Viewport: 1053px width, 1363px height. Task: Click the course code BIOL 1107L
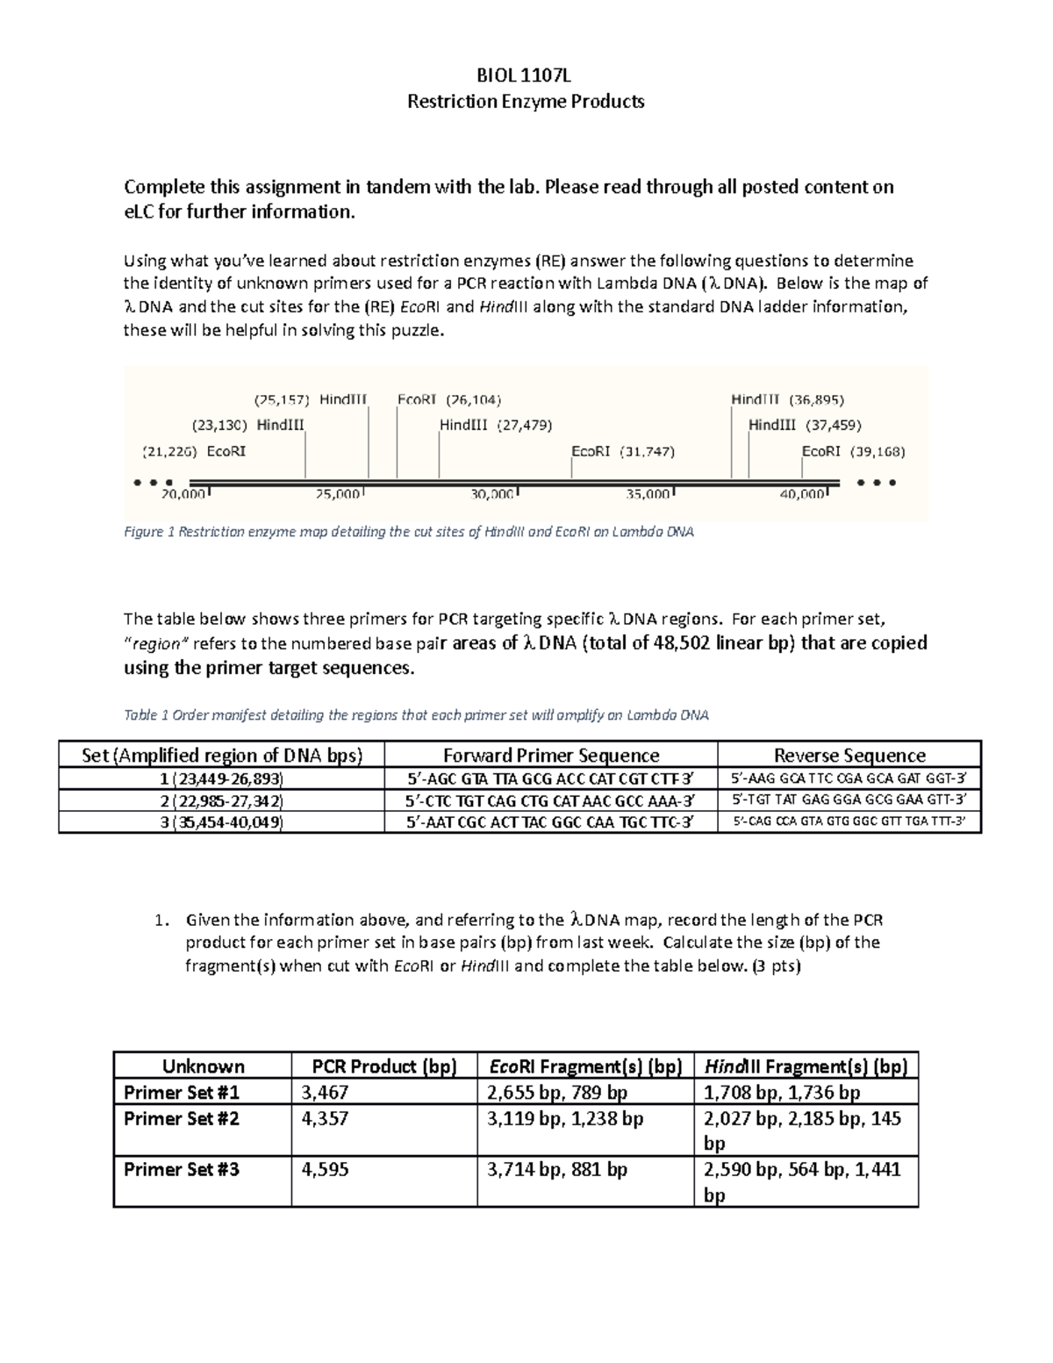point(526,76)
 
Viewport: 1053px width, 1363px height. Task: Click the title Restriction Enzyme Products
point(526,102)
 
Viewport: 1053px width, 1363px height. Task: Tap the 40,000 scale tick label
point(803,494)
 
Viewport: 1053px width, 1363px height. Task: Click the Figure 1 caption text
point(409,532)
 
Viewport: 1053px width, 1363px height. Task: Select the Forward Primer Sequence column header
point(551,756)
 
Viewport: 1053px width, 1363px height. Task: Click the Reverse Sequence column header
point(849,756)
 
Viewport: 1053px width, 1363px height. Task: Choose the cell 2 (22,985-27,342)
point(221,800)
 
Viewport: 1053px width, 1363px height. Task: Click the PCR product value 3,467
point(325,1093)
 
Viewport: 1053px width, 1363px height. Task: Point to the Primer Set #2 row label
point(182,1118)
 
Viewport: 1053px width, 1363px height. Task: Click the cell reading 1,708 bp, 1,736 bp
point(782,1093)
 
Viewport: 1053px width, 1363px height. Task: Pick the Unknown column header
point(203,1066)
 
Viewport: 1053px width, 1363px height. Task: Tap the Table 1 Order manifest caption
point(416,715)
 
